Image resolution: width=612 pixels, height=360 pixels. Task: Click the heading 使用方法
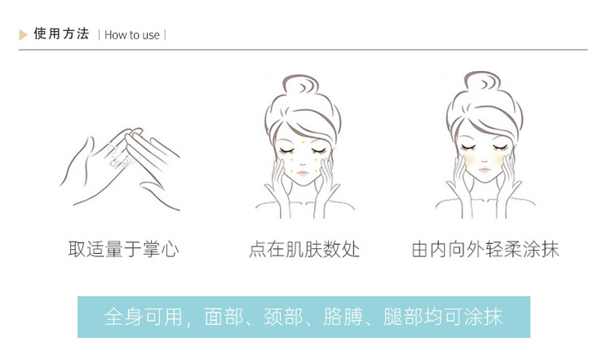click(61, 34)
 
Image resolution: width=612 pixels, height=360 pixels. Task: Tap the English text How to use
click(132, 35)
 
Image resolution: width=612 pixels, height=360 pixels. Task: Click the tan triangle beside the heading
click(24, 34)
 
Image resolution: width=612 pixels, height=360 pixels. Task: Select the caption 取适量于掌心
click(123, 249)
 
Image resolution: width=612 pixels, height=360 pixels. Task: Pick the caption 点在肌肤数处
click(304, 249)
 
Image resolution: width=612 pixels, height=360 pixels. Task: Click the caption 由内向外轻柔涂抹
click(485, 249)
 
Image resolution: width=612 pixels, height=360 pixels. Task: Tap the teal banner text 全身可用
click(144, 317)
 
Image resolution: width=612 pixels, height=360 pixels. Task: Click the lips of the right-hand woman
click(486, 174)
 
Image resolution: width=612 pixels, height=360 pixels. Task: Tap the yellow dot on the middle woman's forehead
click(303, 141)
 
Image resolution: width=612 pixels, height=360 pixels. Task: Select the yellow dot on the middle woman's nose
click(303, 163)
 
